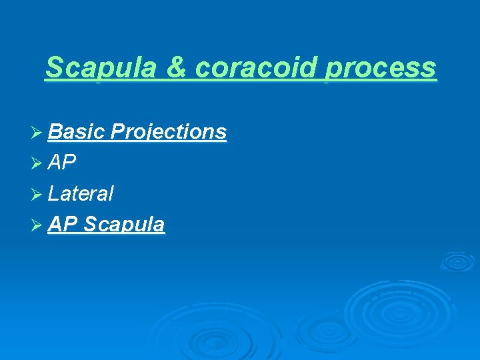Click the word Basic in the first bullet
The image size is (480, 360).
pos(76,132)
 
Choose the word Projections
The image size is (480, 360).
pos(169,133)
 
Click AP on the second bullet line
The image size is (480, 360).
pos(63,163)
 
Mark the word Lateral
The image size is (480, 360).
pos(81,194)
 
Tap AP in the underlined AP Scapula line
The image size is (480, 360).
pos(63,225)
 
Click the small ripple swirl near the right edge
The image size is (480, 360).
pos(457,261)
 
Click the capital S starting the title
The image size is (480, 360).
pos(54,68)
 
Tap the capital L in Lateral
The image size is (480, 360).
pos(53,194)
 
